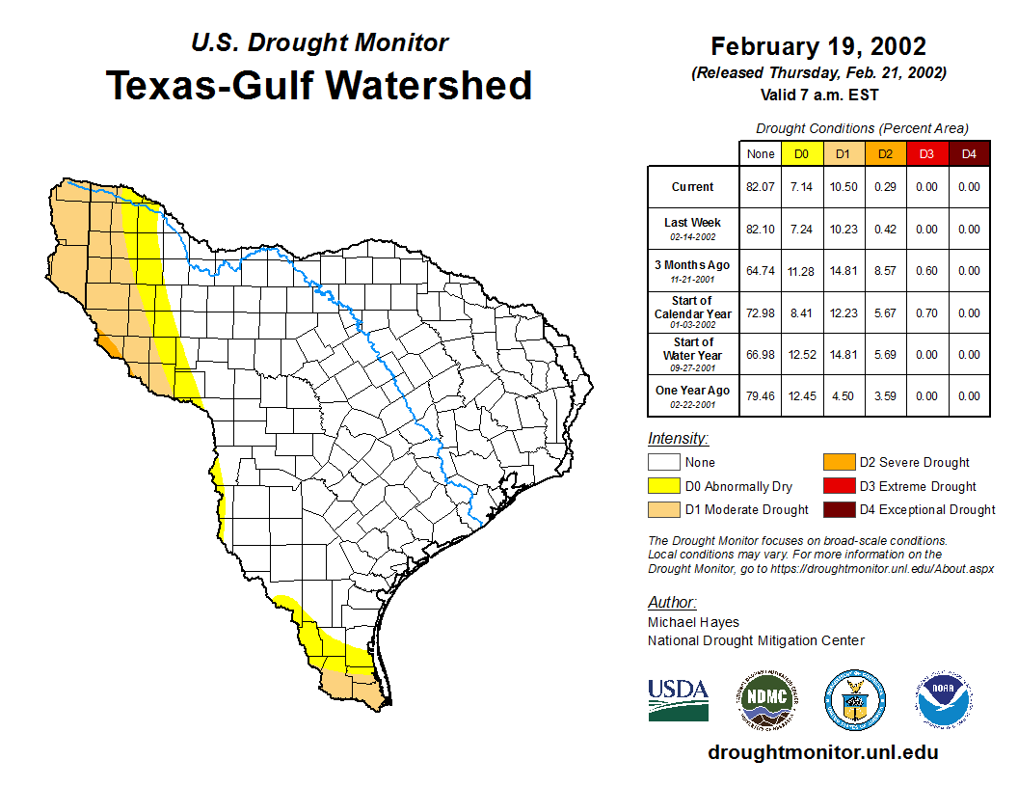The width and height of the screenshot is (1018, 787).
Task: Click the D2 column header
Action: point(884,154)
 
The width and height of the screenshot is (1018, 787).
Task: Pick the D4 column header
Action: point(969,154)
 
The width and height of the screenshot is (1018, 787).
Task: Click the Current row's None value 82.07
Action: point(761,187)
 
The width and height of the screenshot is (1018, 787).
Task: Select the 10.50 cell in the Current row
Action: point(842,187)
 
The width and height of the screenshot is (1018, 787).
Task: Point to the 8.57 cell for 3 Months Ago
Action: point(884,271)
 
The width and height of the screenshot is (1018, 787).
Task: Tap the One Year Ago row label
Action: point(693,391)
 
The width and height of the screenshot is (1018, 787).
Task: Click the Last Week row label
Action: point(693,223)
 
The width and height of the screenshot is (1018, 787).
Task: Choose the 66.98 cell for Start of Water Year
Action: point(761,355)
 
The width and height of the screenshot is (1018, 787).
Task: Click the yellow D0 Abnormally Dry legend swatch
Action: point(663,486)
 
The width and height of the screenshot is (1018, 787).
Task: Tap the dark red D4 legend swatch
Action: point(838,509)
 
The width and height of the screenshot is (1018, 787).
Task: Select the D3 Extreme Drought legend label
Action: point(918,486)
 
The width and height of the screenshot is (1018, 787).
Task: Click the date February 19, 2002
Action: point(818,46)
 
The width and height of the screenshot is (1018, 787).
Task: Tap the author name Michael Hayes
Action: point(693,622)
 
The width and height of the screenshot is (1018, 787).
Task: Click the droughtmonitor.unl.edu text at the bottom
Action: point(822,752)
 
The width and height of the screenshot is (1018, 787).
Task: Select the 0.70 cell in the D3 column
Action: point(926,313)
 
